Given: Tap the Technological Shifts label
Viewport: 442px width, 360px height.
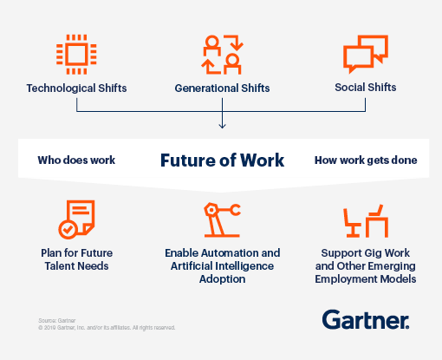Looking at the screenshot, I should (76, 88).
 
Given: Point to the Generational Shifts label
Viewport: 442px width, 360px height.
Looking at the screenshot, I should (222, 88).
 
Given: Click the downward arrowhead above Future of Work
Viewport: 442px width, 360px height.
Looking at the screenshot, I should (222, 126).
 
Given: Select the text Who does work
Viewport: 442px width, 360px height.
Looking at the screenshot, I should (76, 160).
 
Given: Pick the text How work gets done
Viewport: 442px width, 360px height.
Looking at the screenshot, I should (365, 160).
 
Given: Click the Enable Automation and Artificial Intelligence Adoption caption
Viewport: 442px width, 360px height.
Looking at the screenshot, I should (222, 265).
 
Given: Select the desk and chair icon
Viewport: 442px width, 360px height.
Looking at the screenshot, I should (366, 221).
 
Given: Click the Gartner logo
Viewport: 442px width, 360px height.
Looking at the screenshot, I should (366, 319).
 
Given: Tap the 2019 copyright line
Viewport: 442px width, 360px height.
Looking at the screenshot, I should (106, 328).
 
